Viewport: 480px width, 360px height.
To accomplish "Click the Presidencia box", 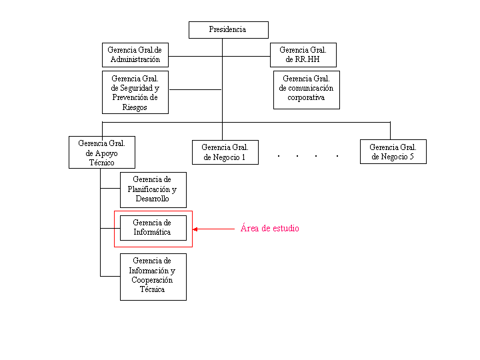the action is pyautogui.click(x=229, y=30).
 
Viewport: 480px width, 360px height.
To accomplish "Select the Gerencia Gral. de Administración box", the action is pyautogui.click(x=135, y=55).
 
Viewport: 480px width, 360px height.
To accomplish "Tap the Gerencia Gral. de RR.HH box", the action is pyautogui.click(x=303, y=55).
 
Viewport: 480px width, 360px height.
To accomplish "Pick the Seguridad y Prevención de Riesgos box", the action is pyautogui.click(x=135, y=92).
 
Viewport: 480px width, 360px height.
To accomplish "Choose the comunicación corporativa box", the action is pyautogui.click(x=307, y=90).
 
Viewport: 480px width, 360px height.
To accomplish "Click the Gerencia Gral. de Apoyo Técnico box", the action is pyautogui.click(x=102, y=152).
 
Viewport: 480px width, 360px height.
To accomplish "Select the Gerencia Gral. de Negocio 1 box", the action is pyautogui.click(x=225, y=152).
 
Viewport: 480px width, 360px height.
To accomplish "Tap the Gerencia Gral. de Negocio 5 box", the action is pyautogui.click(x=393, y=151).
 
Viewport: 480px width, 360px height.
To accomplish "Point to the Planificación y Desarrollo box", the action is pyautogui.click(x=153, y=190).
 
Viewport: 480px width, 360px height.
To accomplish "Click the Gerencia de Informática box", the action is pyautogui.click(x=153, y=228).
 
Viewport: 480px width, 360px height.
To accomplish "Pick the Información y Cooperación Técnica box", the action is pyautogui.click(x=153, y=277).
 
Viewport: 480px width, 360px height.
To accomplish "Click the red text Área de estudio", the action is pyautogui.click(x=270, y=228).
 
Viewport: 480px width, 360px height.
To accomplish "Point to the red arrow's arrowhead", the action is pyautogui.click(x=195, y=229).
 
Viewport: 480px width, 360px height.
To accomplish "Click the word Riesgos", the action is pyautogui.click(x=135, y=107).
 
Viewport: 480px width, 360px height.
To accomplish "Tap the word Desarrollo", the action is pyautogui.click(x=152, y=199).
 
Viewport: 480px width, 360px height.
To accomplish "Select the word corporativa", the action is pyautogui.click(x=306, y=97).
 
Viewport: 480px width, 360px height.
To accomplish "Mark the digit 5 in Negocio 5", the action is pyautogui.click(x=412, y=157).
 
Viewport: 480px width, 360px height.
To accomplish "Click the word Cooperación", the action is pyautogui.click(x=152, y=280).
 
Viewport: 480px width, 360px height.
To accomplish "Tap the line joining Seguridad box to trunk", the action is pyautogui.click(x=195, y=89).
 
